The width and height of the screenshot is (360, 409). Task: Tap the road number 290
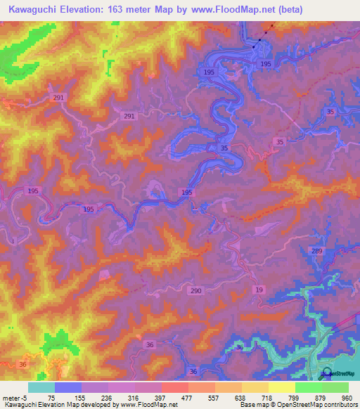(195, 290)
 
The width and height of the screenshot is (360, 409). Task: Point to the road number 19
(259, 290)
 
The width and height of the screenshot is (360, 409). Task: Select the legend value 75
(51, 397)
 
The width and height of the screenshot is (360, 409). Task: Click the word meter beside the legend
(11, 397)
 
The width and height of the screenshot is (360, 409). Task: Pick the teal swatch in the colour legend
(41, 387)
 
